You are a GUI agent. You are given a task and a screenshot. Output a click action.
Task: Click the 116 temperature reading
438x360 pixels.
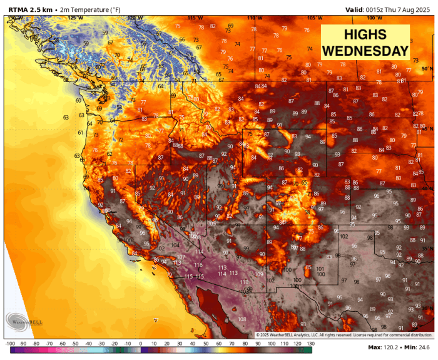(198, 265)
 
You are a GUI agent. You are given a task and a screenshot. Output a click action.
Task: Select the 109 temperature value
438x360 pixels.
(259, 274)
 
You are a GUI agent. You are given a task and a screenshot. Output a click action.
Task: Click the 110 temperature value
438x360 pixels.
(244, 282)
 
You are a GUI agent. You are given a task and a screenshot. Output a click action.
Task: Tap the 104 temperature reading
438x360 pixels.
(175, 245)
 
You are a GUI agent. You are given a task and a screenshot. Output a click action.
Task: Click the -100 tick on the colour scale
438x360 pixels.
(9, 344)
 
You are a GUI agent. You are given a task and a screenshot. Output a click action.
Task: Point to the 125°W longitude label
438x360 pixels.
(75, 18)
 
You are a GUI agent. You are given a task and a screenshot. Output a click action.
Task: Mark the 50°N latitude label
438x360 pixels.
(427, 69)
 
